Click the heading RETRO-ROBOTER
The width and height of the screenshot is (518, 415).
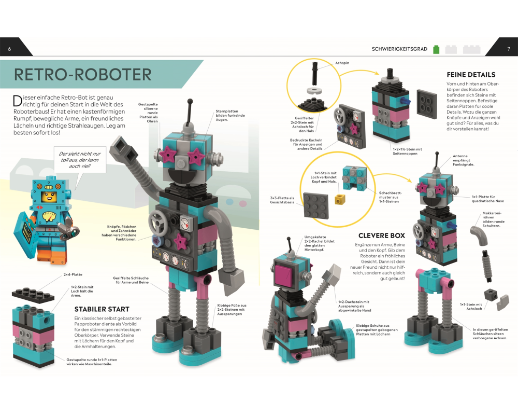tap(82, 75)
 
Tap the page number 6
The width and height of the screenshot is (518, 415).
tap(9, 49)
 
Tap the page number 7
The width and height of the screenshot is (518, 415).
tap(509, 49)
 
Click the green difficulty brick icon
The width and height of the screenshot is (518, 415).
tap(436, 49)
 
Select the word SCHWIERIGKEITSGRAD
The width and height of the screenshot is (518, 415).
tap(399, 49)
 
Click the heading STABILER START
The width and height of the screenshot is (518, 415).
tap(102, 309)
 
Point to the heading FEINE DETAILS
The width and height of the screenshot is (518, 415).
tap(471, 75)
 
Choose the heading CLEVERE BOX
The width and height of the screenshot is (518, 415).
tap(382, 236)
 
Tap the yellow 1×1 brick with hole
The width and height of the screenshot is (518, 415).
tap(340, 199)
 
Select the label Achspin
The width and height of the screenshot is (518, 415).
tap(342, 63)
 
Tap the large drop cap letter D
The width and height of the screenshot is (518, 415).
tap(18, 101)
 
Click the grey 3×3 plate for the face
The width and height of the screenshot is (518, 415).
tap(316, 205)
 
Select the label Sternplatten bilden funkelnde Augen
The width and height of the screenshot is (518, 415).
tap(230, 116)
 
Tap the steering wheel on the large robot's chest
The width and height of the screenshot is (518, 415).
tap(157, 222)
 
